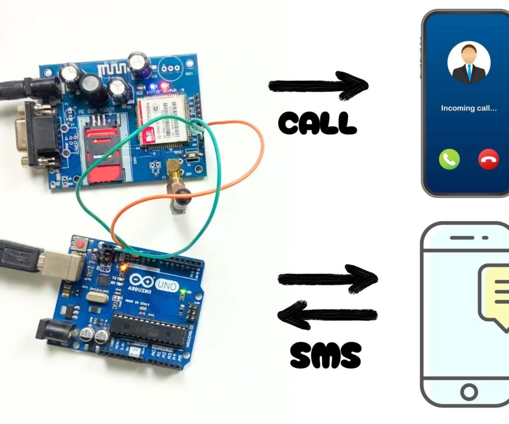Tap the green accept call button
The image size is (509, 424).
click(449, 160)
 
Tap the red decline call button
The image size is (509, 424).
click(488, 160)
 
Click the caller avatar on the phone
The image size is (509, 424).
click(469, 64)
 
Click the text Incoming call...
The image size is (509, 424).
click(469, 108)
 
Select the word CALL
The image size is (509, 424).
click(318, 123)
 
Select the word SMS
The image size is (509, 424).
click(325, 355)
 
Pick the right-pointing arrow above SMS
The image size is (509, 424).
click(328, 279)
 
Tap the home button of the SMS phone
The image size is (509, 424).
click(468, 392)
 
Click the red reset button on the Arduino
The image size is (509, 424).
click(80, 244)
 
